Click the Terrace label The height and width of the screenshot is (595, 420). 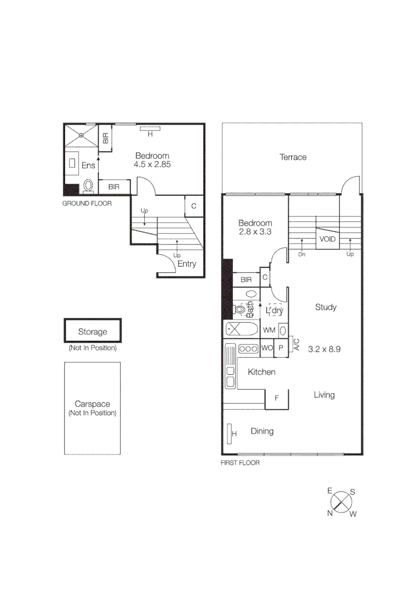tap(292, 158)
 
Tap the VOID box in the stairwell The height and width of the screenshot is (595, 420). tap(327, 239)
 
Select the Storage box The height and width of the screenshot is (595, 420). tap(92, 331)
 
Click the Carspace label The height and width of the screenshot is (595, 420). tap(92, 404)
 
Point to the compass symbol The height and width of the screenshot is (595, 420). tap(341, 502)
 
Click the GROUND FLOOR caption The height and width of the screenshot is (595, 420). tap(86, 203)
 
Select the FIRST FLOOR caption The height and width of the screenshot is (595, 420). tap(240, 463)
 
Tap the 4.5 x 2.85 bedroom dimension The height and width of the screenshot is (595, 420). tap(152, 164)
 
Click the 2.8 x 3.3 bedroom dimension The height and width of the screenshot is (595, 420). tap(255, 232)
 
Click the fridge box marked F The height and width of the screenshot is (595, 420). tap(277, 398)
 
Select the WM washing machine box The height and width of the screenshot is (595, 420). tap(269, 330)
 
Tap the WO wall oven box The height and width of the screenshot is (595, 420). tap(267, 348)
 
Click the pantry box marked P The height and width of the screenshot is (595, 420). tap(280, 348)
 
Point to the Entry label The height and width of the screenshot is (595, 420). tap(187, 264)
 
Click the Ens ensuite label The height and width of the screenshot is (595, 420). tap(88, 165)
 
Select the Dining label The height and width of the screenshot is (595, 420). tap(262, 431)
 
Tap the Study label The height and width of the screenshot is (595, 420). tap(325, 307)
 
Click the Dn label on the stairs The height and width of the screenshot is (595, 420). tap(302, 255)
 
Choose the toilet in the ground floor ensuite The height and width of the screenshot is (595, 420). tap(88, 187)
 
